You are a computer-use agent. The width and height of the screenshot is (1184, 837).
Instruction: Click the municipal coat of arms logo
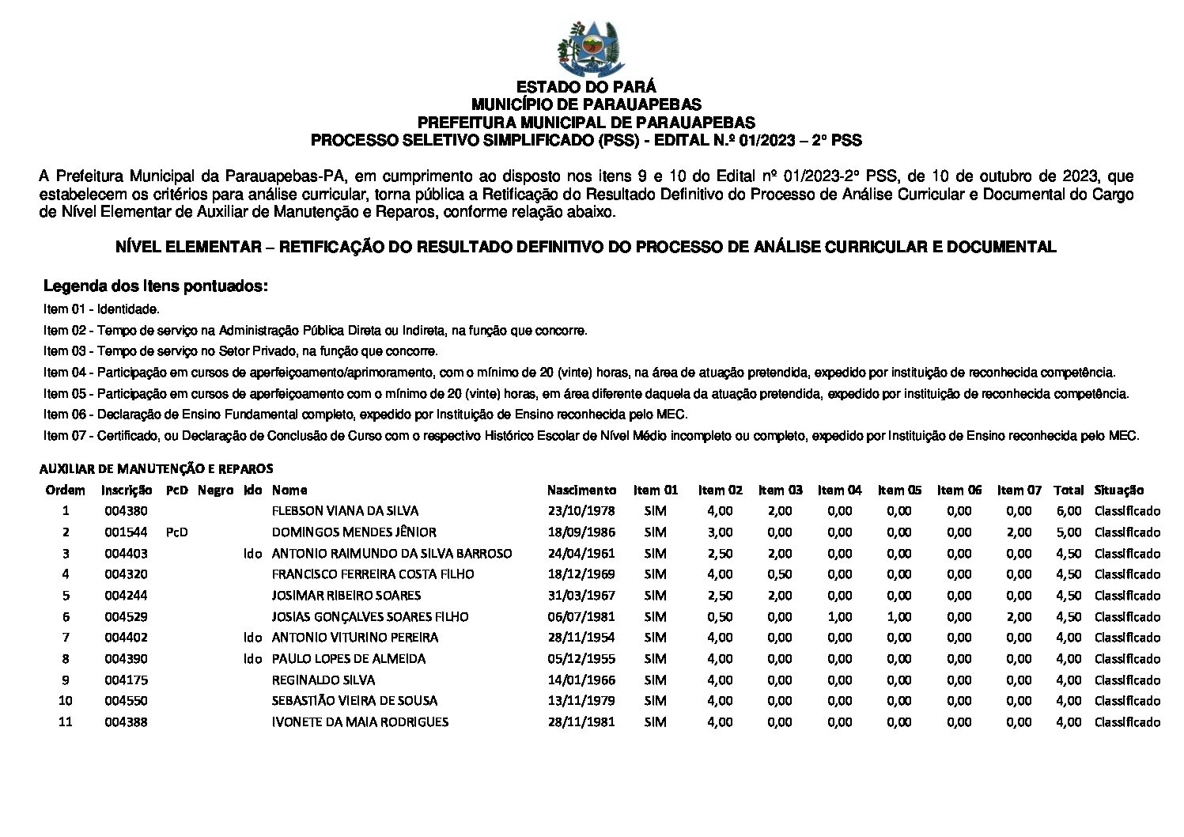(x=590, y=48)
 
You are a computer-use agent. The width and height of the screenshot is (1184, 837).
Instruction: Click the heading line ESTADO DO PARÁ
(x=586, y=87)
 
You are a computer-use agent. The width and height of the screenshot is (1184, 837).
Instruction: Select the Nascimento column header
(x=581, y=490)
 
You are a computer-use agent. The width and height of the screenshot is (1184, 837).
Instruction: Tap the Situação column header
(x=1119, y=490)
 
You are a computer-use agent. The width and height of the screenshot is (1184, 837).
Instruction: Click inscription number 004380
(x=126, y=511)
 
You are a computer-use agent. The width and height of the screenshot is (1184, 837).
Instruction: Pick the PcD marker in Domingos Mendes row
(x=177, y=532)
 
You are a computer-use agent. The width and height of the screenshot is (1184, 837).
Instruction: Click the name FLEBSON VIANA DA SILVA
(x=345, y=511)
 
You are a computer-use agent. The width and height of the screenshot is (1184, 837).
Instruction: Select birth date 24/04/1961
(x=581, y=554)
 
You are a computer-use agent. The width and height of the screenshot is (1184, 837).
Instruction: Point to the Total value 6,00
(x=1069, y=511)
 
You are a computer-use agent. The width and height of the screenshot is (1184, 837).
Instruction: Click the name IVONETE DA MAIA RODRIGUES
(x=360, y=721)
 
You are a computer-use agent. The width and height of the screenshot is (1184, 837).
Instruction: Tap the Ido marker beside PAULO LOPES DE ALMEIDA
(x=253, y=659)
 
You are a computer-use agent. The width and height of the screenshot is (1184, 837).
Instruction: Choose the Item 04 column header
(x=839, y=490)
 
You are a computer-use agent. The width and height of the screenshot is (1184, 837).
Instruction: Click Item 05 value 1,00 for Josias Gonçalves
(x=899, y=617)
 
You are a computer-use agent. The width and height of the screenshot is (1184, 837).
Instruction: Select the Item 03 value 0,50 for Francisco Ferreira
(x=779, y=574)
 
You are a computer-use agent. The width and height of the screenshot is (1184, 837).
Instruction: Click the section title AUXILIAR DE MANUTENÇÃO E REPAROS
(x=157, y=468)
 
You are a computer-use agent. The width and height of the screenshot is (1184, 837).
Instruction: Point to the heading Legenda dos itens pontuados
(x=156, y=286)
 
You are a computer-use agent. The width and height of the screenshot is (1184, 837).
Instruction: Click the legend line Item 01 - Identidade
(x=102, y=309)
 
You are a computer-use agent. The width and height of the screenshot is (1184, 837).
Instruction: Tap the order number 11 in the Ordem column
(x=66, y=721)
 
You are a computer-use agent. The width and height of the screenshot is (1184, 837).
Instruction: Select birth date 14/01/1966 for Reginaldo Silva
(x=581, y=680)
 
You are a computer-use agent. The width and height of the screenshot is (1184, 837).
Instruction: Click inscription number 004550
(x=126, y=701)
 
